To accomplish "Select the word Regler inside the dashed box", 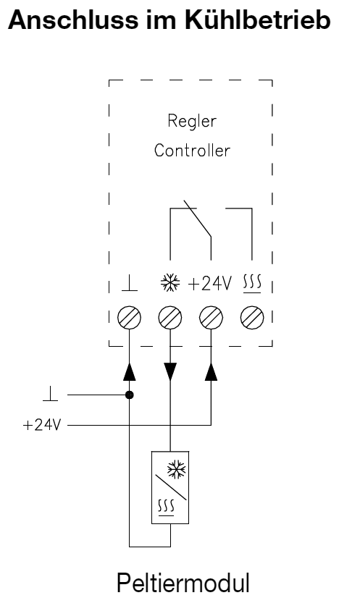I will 190,122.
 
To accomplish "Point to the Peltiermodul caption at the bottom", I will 190,583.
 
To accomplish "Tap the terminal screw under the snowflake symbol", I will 169,316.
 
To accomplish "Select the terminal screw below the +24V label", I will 210,316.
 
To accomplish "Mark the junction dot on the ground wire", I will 129,395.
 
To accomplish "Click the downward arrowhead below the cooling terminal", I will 169,372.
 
